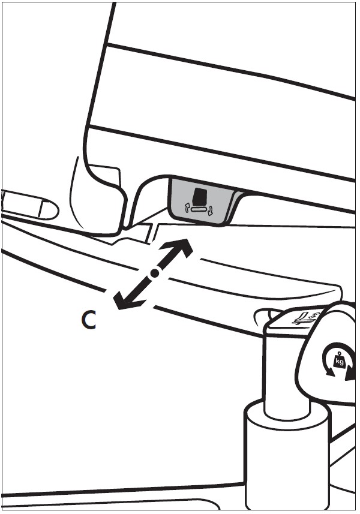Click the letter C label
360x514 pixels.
click(x=89, y=320)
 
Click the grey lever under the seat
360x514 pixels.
click(x=204, y=200)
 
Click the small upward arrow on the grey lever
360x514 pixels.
click(x=187, y=208)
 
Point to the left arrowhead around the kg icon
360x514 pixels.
click(x=329, y=371)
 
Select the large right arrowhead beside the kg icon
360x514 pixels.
click(x=350, y=374)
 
